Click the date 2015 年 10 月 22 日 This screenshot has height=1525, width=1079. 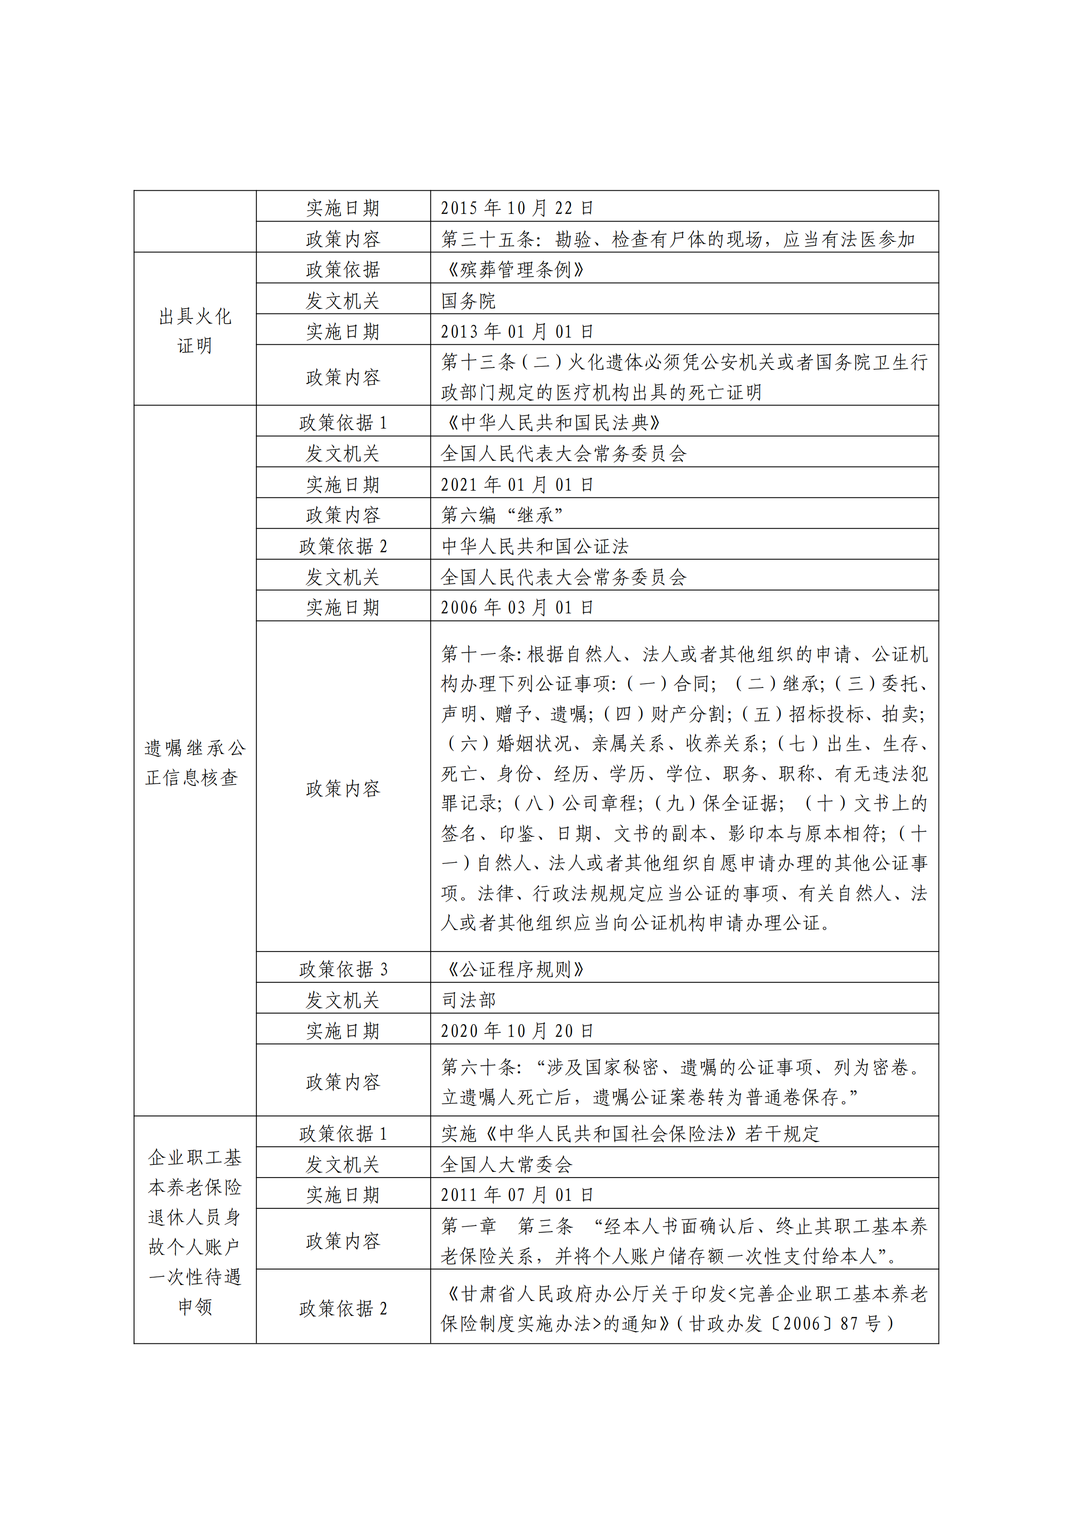click(x=517, y=208)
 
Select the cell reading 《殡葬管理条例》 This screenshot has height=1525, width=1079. click(x=513, y=269)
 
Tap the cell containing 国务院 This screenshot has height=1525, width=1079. click(x=469, y=301)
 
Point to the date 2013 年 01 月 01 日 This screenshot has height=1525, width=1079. click(x=517, y=332)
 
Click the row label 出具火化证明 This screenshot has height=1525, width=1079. click(x=195, y=331)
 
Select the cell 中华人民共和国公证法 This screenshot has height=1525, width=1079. click(x=535, y=546)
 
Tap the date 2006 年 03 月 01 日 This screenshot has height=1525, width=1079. click(x=517, y=607)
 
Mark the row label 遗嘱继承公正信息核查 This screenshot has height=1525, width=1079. click(x=195, y=763)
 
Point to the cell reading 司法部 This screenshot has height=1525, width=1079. click(x=469, y=1000)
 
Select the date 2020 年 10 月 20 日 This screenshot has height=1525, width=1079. click(x=517, y=1031)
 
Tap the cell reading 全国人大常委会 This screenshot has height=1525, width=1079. click(x=506, y=1164)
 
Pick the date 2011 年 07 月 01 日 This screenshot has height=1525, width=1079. click(x=517, y=1195)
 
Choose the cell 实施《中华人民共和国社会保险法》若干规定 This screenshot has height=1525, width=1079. click(x=630, y=1134)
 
